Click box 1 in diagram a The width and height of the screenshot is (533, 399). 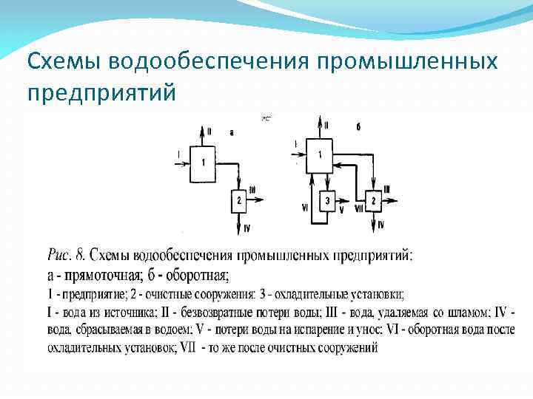coord(204,162)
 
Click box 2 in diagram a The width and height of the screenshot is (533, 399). coord(238,200)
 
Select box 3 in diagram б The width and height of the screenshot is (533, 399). coord(326,200)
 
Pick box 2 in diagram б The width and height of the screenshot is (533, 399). coord(374,200)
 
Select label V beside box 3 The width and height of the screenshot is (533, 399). coord(341,210)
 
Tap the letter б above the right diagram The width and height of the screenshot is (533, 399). coord(358,127)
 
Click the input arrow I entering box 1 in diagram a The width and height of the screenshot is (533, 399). coord(182,154)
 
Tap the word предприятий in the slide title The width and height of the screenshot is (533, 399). coord(101,94)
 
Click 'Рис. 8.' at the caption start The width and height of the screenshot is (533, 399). coord(67,256)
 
